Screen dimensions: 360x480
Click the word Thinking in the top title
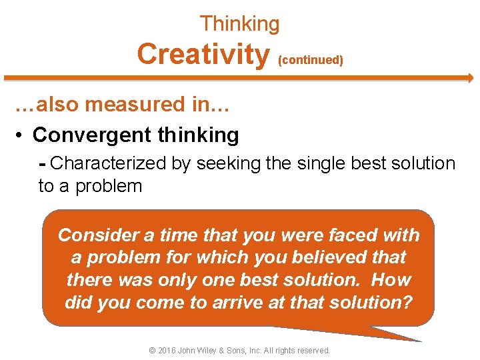click(240, 25)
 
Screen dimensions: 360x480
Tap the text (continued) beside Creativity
click(311, 60)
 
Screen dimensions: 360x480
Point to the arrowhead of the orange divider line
click(469, 78)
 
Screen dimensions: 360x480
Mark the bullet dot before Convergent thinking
click(21, 136)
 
